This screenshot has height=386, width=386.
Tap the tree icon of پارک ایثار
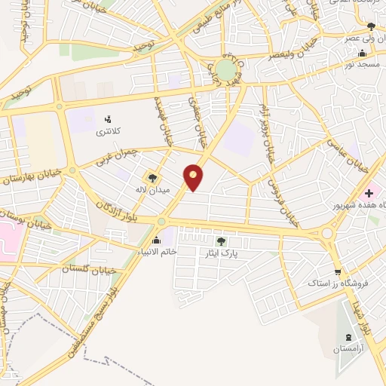tap(221, 241)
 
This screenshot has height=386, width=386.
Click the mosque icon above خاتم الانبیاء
tap(156, 240)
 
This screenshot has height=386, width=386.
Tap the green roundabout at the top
tap(225, 70)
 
